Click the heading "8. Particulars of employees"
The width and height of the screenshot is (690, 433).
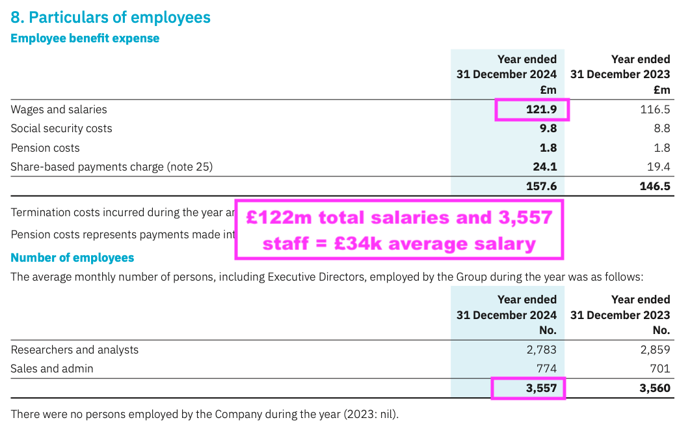(111, 17)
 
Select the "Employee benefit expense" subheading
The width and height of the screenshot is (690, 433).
(85, 38)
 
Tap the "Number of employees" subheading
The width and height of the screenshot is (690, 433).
(72, 258)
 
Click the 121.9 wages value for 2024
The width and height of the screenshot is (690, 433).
(541, 109)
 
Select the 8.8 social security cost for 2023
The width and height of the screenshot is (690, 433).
(661, 128)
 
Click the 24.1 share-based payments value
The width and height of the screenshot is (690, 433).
(545, 167)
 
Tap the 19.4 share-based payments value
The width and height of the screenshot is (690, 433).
(658, 167)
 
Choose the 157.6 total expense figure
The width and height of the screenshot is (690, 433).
(541, 187)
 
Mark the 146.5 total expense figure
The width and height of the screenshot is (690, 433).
(654, 187)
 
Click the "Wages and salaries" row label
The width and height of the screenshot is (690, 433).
(59, 109)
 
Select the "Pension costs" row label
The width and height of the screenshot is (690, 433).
(45, 148)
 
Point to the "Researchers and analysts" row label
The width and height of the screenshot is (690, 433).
(74, 350)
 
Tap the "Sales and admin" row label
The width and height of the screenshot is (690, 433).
(51, 369)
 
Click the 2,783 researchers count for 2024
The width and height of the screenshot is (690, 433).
(541, 350)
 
